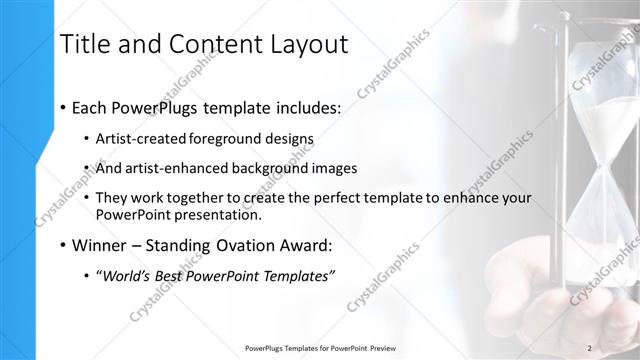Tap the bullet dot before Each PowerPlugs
[63, 106]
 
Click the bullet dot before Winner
[63, 246]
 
